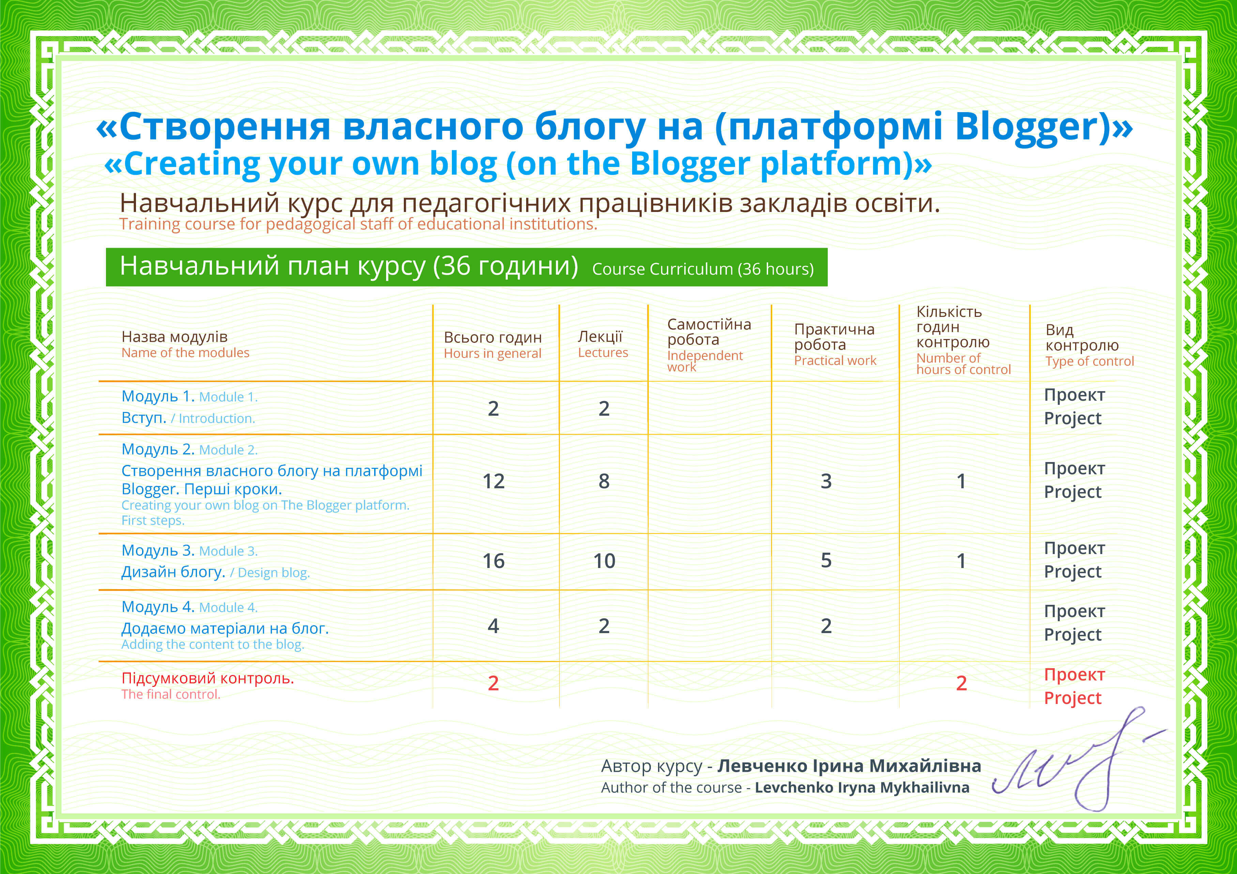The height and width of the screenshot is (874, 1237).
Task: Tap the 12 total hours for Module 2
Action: pyautogui.click(x=493, y=481)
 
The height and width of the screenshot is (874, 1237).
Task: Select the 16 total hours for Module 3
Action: pyautogui.click(x=493, y=561)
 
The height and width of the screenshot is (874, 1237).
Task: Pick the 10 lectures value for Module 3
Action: pyautogui.click(x=604, y=561)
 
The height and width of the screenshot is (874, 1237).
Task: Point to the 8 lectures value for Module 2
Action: pyautogui.click(x=604, y=481)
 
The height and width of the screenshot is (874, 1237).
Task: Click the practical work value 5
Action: pyautogui.click(x=826, y=561)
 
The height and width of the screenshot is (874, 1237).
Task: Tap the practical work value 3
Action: pyautogui.click(x=826, y=481)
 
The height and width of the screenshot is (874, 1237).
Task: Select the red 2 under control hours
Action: pyautogui.click(x=961, y=683)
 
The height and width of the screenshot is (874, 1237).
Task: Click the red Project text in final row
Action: pyautogui.click(x=1073, y=698)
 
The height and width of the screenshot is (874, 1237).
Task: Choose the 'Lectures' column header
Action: pyautogui.click(x=603, y=353)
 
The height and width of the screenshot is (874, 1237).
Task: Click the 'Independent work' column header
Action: pyautogui.click(x=705, y=361)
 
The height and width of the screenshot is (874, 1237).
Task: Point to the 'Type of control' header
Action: pyautogui.click(x=1089, y=362)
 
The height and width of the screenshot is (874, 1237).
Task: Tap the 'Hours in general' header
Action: pyautogui.click(x=492, y=353)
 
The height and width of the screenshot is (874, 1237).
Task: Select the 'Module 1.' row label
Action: pyautogui.click(x=228, y=397)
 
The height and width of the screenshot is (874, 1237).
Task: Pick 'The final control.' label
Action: pyautogui.click(x=171, y=694)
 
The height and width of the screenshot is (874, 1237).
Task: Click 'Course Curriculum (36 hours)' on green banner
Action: pyautogui.click(x=703, y=269)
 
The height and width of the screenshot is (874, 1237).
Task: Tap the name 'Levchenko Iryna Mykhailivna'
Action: pyautogui.click(x=861, y=788)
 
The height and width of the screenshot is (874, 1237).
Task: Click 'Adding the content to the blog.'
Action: pyautogui.click(x=213, y=644)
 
